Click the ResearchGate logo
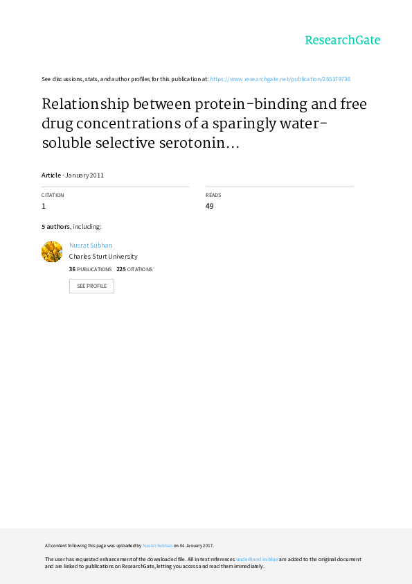point(343,40)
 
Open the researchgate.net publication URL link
point(280,79)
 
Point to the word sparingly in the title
point(244,124)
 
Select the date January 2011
point(84,175)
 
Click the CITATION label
point(53,195)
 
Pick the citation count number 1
point(44,206)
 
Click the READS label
point(213,195)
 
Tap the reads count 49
point(209,206)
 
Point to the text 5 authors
point(55,226)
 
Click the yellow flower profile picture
point(52,252)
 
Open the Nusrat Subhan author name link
point(91,245)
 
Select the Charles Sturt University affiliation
point(103,256)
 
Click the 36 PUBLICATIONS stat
point(90,269)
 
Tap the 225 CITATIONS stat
point(134,269)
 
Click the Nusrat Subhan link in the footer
point(157,546)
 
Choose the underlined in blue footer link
point(257,559)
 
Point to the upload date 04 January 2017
point(197,546)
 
